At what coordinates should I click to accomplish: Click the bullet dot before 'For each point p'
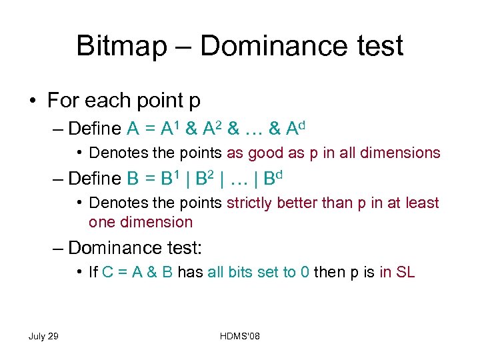[33, 101]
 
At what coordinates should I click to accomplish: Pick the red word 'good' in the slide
[266, 153]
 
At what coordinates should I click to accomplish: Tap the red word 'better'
[303, 203]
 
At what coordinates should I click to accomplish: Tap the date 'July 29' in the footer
[43, 335]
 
